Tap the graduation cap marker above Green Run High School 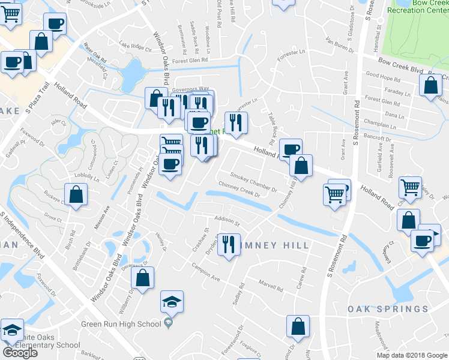point(172,302)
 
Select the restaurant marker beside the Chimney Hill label point(228,245)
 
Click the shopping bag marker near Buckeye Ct point(76,195)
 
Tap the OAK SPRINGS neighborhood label point(388,309)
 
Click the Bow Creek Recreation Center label point(418,7)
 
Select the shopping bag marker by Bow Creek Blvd point(431,86)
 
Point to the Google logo point(20,353)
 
